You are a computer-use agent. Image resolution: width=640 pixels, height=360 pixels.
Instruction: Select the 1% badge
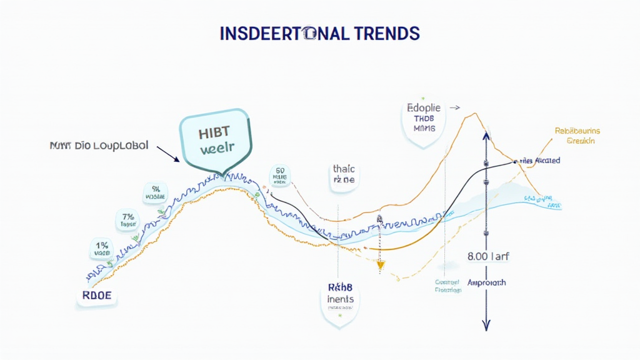tap(100, 248)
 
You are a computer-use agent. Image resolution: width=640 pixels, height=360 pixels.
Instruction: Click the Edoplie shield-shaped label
tap(423, 122)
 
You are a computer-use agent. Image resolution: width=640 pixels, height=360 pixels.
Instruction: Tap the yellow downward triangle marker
tap(379, 266)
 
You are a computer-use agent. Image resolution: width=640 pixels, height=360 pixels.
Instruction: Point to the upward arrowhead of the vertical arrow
tap(486, 135)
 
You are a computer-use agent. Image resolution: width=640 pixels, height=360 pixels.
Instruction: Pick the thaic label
tap(343, 174)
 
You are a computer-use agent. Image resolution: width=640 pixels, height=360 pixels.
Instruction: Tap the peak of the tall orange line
tap(474, 114)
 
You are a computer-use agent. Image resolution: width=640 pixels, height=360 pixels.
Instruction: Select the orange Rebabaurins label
tap(577, 136)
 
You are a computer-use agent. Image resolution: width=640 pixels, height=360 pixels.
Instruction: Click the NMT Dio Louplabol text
tap(98, 146)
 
